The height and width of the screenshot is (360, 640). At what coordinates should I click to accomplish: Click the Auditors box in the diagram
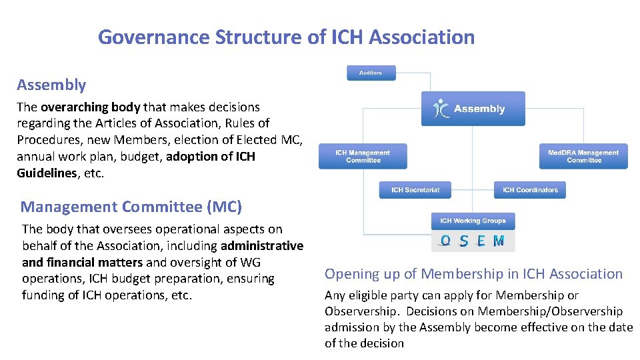pyautogui.click(x=371, y=73)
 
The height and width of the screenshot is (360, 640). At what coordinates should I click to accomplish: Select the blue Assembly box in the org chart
pyautogui.click(x=473, y=109)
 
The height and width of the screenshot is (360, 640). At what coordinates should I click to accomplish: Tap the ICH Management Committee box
pyautogui.click(x=363, y=157)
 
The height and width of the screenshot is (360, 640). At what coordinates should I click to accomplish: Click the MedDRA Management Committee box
pyautogui.click(x=583, y=157)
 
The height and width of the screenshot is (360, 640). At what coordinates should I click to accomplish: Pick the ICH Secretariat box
pyautogui.click(x=415, y=190)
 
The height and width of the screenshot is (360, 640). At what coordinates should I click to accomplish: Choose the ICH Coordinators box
pyautogui.click(x=530, y=190)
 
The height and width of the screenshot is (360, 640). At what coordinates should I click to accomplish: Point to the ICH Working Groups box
pyautogui.click(x=473, y=221)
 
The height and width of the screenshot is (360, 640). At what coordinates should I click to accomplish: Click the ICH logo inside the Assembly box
pyautogui.click(x=441, y=109)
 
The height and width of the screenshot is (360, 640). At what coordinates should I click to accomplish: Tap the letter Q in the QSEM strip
pyautogui.click(x=445, y=241)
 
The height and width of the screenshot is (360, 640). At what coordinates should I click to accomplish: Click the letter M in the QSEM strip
pyautogui.click(x=499, y=241)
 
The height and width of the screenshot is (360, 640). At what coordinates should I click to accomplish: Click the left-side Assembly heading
pyautogui.click(x=51, y=85)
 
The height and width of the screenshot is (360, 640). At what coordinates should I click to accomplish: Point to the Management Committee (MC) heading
pyautogui.click(x=131, y=207)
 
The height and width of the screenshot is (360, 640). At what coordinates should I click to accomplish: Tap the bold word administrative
pyautogui.click(x=262, y=245)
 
